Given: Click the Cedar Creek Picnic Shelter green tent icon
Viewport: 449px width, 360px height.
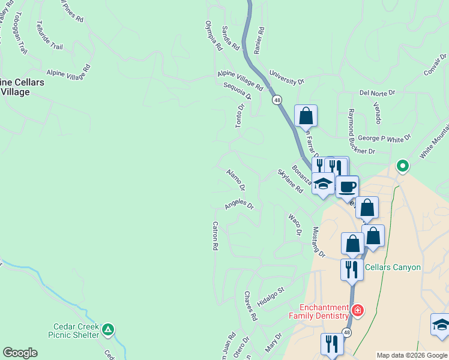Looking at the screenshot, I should [x=108, y=329].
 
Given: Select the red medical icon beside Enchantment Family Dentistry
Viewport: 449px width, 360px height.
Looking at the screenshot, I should [x=358, y=310].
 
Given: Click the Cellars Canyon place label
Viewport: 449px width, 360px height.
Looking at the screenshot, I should [x=393, y=267].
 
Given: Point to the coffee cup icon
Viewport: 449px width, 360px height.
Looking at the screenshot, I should [x=347, y=186].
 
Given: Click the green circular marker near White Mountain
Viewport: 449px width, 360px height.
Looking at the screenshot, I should [x=402, y=166].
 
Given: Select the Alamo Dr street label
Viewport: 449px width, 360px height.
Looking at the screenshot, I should [x=236, y=178].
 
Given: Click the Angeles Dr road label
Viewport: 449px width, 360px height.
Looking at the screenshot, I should [x=240, y=205].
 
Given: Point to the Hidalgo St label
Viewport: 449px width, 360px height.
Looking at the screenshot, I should [x=271, y=295].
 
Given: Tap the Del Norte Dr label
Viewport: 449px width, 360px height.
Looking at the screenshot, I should [x=378, y=93].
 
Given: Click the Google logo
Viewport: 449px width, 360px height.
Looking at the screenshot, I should [x=20, y=353].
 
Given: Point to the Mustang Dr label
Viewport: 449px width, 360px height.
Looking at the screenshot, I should [x=318, y=242].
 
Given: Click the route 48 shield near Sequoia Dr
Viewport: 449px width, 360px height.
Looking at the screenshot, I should [x=277, y=101].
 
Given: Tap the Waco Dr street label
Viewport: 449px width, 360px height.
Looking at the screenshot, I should [x=295, y=224].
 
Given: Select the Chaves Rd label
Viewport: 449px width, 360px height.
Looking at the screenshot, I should [x=250, y=306].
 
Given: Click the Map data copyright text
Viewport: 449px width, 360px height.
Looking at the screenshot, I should [x=412, y=355].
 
